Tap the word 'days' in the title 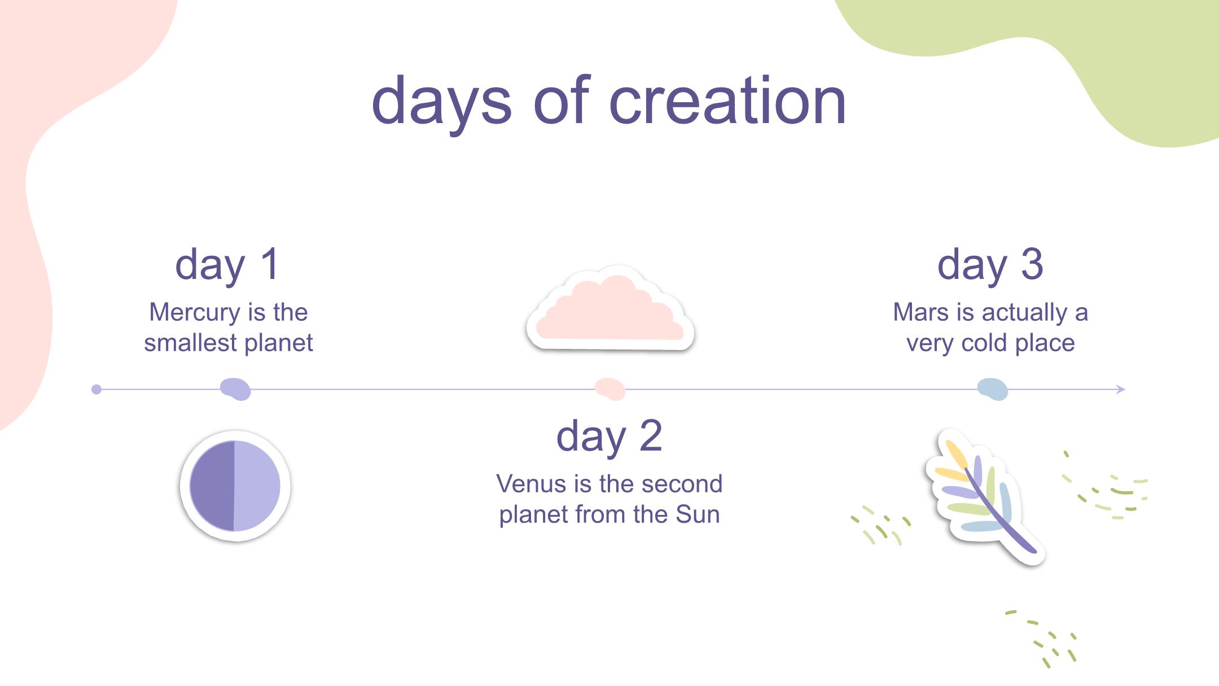441,105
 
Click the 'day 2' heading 609,436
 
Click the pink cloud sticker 610,308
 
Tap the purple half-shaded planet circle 235,486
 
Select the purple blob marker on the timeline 235,389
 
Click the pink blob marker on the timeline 610,389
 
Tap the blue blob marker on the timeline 993,389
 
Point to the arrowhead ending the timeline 1121,389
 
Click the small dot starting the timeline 97,389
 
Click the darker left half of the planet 212,486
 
